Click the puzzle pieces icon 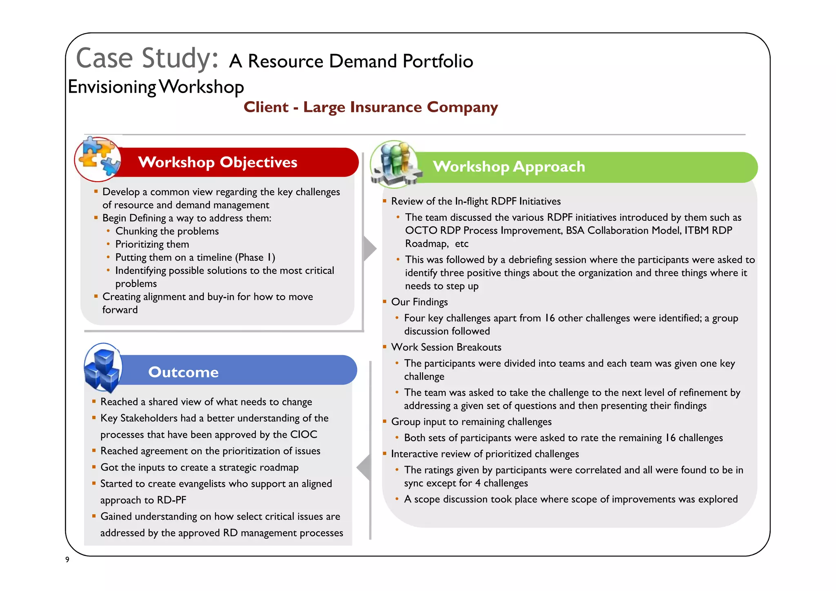98,159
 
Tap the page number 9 67,560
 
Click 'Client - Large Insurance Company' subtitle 370,107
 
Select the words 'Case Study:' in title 147,58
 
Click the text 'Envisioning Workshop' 156,87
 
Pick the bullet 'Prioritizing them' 152,244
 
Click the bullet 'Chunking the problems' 167,231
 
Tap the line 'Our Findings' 419,302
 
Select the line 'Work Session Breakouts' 446,347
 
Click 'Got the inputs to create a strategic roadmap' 199,467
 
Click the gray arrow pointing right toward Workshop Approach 369,248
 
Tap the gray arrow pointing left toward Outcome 364,467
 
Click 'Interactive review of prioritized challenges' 485,454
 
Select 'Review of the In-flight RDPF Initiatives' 476,201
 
